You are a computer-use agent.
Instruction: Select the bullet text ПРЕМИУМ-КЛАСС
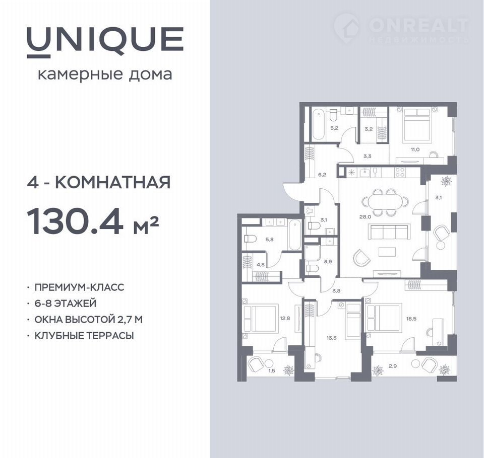[79, 287]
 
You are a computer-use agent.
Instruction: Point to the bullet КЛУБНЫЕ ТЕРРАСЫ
[84, 335]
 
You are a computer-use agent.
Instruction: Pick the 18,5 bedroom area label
[411, 319]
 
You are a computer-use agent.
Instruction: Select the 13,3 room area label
[331, 338]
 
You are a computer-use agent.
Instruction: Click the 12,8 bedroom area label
[285, 319]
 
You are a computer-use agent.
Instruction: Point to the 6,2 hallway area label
[322, 175]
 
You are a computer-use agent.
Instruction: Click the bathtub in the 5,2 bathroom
[318, 125]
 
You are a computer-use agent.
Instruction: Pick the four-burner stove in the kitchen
[400, 172]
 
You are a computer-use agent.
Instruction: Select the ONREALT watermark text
[418, 25]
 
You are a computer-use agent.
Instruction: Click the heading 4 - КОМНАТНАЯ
[99, 182]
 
